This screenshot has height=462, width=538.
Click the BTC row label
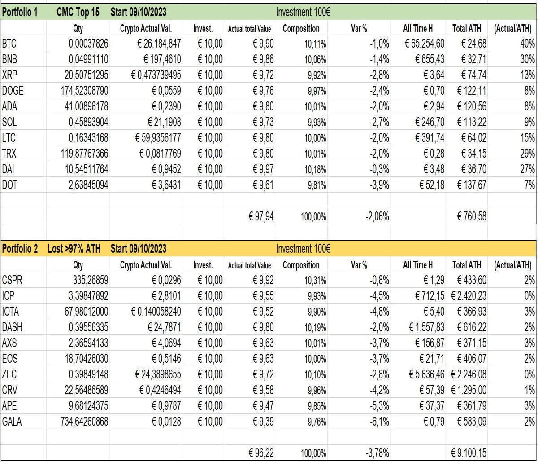click(x=9, y=44)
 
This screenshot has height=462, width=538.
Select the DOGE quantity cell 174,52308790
click(x=84, y=91)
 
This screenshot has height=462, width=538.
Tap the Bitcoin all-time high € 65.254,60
click(x=425, y=44)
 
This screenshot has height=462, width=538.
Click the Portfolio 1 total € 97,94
click(x=261, y=216)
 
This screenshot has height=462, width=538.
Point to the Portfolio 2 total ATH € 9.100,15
click(x=469, y=453)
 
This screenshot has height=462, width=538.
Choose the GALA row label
click(x=12, y=422)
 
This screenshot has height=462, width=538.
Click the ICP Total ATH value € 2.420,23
click(x=469, y=296)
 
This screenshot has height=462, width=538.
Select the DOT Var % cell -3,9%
click(x=379, y=185)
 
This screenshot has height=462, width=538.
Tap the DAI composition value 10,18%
click(x=315, y=169)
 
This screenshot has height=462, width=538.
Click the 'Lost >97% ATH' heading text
click(x=74, y=249)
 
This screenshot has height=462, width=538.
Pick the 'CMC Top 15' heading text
click(x=78, y=12)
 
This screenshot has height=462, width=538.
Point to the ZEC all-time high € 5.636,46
click(x=427, y=374)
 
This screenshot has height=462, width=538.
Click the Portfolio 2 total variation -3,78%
click(x=377, y=453)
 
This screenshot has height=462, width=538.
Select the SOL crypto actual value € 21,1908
click(x=164, y=122)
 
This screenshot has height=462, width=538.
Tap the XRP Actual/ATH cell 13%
click(x=528, y=75)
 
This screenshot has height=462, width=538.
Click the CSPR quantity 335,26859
click(x=91, y=280)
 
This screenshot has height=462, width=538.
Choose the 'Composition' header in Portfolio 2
click(x=301, y=265)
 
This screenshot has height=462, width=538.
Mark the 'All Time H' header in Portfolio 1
click(x=418, y=28)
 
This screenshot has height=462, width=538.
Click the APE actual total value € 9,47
click(x=263, y=406)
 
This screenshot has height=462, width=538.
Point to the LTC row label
click(x=9, y=138)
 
